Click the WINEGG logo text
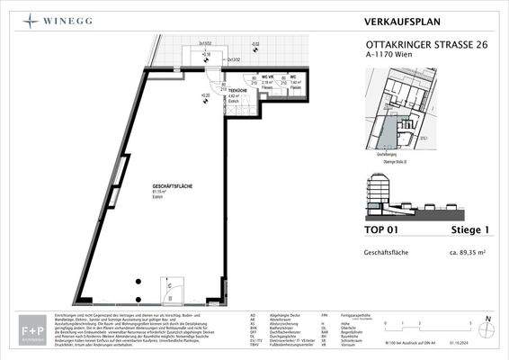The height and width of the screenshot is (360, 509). click(x=59, y=18)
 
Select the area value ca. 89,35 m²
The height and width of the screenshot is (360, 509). click(x=469, y=255)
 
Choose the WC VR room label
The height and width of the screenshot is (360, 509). click(x=267, y=77)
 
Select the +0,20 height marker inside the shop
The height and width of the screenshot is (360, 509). click(x=206, y=93)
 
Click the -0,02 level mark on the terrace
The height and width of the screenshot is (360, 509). click(x=254, y=43)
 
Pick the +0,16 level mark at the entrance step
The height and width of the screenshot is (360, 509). click(x=206, y=54)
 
